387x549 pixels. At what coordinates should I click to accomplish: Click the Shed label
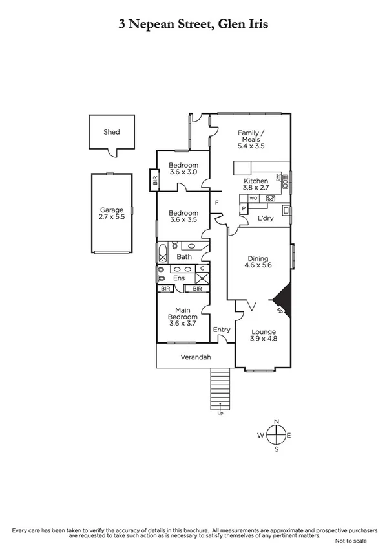(x=112, y=132)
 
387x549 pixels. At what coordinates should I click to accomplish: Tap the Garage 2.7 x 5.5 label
(x=111, y=214)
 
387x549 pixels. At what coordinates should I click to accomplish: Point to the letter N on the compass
(x=277, y=423)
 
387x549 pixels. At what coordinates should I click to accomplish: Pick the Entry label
(x=222, y=330)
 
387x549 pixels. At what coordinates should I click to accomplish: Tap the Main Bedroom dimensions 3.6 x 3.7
(x=182, y=323)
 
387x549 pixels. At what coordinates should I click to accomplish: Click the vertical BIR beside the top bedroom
(x=155, y=180)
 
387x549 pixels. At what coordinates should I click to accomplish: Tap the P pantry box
(x=244, y=208)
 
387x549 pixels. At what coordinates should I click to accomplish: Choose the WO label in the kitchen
(x=253, y=198)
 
